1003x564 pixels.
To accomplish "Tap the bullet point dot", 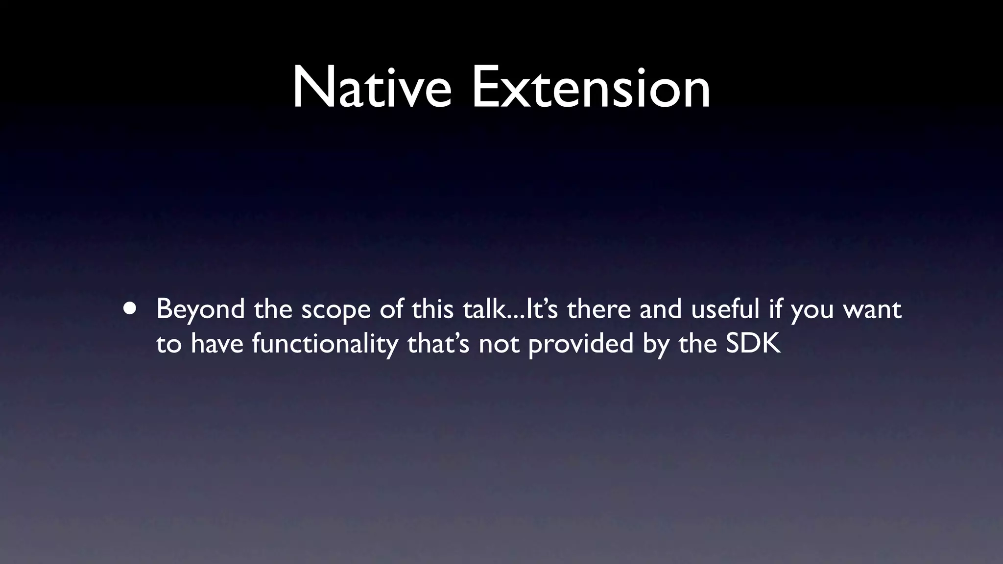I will [130, 309].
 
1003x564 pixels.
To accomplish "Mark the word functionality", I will [325, 344].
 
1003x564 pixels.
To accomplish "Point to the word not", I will [499, 344].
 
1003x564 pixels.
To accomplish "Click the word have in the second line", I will [217, 344].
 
